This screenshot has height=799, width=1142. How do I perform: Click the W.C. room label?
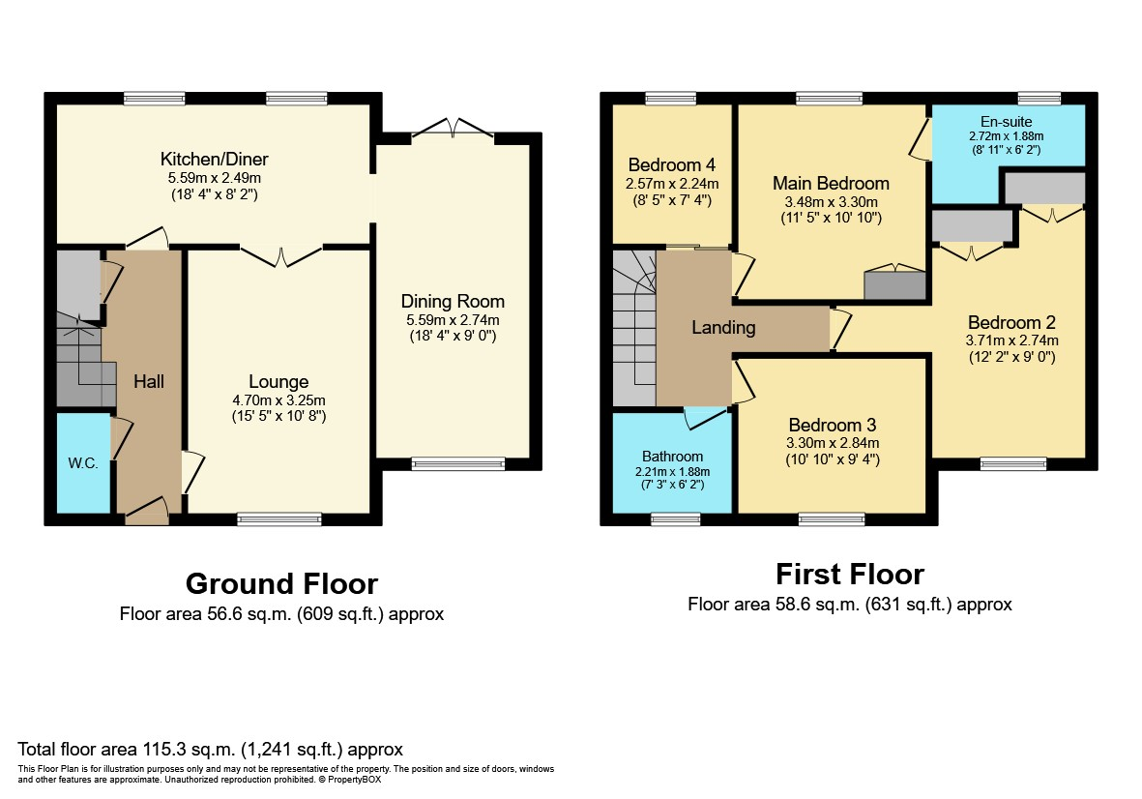[83, 463]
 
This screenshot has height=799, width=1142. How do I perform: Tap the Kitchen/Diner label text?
[214, 159]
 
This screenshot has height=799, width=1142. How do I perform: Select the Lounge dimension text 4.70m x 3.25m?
[278, 399]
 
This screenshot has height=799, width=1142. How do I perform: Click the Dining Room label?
[453, 301]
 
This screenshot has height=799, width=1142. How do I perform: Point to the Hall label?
[149, 381]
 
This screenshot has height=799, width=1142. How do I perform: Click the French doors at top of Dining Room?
[453, 129]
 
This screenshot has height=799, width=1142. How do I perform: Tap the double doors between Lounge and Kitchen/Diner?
[281, 255]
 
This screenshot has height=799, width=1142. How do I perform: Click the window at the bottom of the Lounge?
[278, 518]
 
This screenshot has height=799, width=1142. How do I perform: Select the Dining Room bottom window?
[458, 464]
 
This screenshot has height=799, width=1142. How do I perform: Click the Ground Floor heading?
[281, 584]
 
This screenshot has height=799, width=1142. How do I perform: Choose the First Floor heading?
[850, 575]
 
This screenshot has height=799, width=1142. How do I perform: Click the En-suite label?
[1006, 122]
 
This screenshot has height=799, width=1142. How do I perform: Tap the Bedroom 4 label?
[671, 165]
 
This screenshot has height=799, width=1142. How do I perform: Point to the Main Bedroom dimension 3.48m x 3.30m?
[831, 202]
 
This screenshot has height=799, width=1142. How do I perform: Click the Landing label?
[723, 328]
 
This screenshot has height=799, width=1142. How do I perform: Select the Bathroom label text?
[672, 457]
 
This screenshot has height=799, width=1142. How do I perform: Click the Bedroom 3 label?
[833, 425]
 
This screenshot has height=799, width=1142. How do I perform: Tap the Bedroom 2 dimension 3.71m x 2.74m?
[1012, 340]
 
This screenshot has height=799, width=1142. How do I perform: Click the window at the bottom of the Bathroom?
[675, 518]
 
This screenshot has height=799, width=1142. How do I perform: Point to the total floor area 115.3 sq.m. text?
[210, 750]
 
